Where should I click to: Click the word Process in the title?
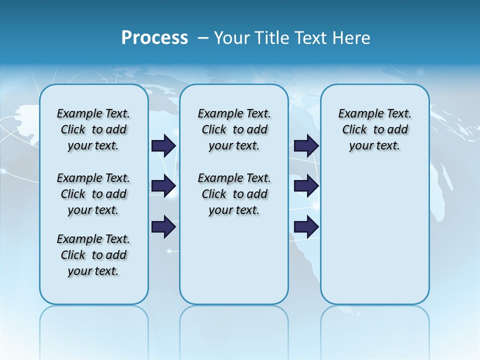[154, 37]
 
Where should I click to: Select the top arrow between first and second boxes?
[163, 145]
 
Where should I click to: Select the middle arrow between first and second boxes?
[163, 186]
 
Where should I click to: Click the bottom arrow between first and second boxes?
[163, 227]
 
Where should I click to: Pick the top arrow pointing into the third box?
[306, 145]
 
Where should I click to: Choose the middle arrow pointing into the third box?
[306, 186]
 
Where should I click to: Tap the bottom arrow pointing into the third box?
[306, 227]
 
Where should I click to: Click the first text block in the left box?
[93, 129]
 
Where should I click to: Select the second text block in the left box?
[93, 194]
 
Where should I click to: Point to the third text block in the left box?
[93, 255]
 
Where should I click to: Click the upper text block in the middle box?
[234, 129]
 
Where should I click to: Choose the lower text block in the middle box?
[234, 194]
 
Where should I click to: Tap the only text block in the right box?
[374, 129]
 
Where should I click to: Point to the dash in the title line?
[203, 37]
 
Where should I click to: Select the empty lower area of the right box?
[374, 235]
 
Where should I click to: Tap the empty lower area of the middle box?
[234, 260]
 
